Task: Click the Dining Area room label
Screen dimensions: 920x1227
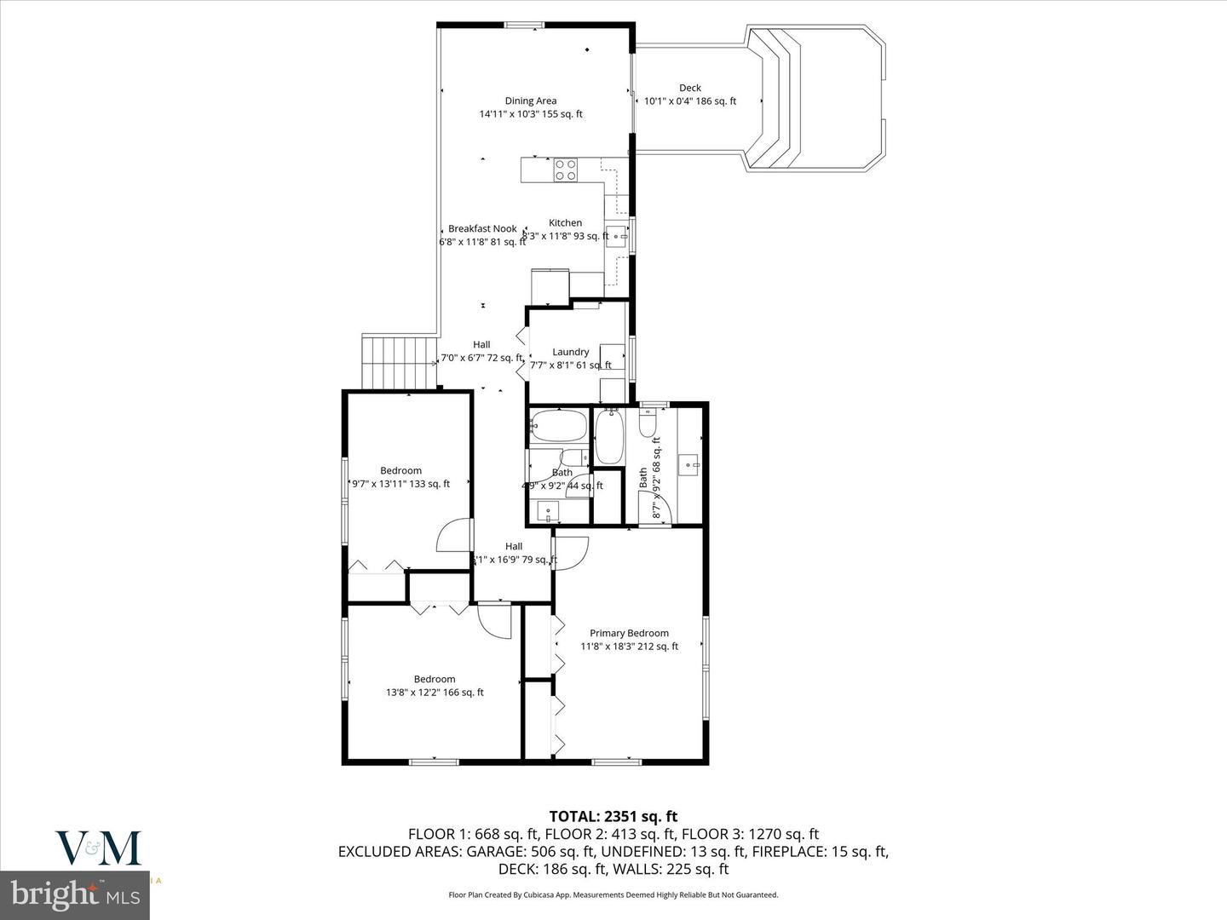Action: [530, 101]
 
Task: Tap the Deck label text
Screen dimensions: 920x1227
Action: [689, 88]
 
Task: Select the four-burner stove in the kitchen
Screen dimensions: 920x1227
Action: [565, 170]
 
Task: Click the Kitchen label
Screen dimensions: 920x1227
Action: [565, 222]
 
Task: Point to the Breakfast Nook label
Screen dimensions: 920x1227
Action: [482, 228]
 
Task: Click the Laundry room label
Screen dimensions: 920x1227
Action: [570, 352]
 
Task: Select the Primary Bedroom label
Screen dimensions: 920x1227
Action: [629, 633]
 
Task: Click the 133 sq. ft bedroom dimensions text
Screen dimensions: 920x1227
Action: [400, 484]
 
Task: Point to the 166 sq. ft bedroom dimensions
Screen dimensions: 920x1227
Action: [435, 693]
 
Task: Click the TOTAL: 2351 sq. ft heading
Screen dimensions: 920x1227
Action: [613, 817]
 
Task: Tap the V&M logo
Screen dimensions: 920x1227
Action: [98, 848]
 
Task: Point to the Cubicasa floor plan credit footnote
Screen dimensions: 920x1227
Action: [613, 894]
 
